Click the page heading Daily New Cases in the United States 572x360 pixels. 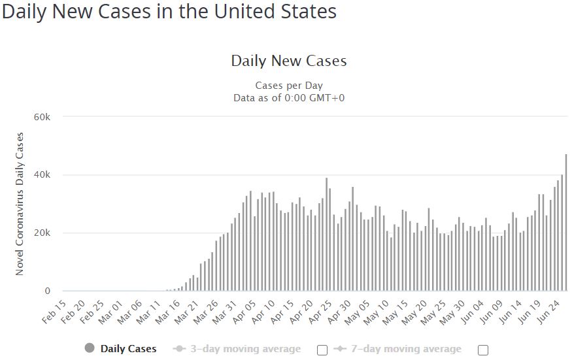point(169,12)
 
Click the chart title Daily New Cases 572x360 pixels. point(288,61)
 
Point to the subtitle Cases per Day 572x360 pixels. point(288,86)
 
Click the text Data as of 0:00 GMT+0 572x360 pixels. point(288,97)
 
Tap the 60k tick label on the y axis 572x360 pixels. point(42,117)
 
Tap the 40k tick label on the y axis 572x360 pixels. point(42,175)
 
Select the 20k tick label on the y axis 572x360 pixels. point(42,233)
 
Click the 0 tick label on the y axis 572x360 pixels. point(48,291)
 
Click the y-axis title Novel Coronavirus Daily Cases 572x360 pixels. point(20,204)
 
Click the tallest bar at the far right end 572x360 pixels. point(566,222)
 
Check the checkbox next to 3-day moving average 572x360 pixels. point(322,350)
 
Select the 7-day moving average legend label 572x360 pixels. point(403,349)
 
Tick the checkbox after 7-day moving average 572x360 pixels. point(483,350)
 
